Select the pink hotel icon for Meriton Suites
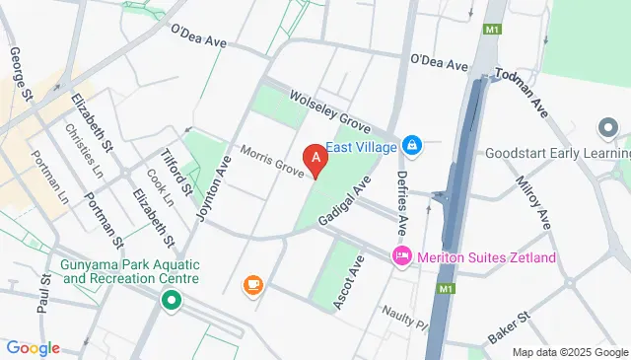[401, 258]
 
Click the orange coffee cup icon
[252, 285]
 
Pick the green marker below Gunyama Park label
[172, 301]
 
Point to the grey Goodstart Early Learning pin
[608, 129]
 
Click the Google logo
[33, 348]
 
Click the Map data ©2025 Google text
[570, 352]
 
